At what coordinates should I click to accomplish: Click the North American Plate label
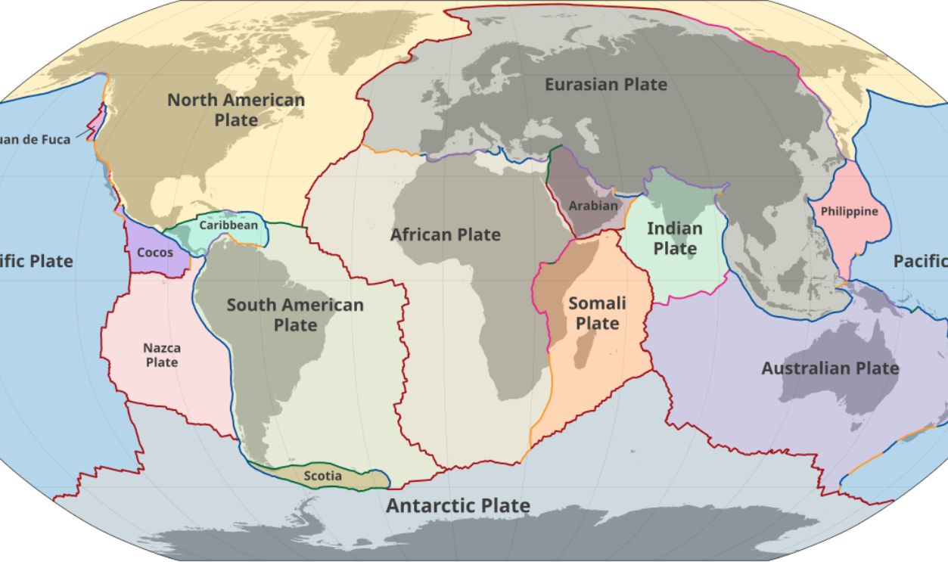coord(236,110)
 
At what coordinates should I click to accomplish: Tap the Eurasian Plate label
coord(606,85)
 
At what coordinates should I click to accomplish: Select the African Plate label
coord(445,235)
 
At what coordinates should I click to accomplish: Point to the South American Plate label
coord(295,315)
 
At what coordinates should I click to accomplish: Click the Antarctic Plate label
coord(458,506)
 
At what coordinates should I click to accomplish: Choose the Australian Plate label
coord(830,369)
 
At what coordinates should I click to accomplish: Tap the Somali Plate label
coord(597,313)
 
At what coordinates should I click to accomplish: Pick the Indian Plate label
coord(675,238)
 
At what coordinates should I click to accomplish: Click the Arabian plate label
coord(593,205)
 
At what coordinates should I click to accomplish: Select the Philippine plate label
coord(849,211)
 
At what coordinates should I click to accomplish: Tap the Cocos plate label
coord(155,253)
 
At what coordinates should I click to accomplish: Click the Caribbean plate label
coord(228,225)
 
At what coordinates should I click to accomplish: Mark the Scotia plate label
coord(322,476)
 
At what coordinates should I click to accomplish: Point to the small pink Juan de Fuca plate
coord(98,121)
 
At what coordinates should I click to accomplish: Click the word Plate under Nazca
coord(162,362)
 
